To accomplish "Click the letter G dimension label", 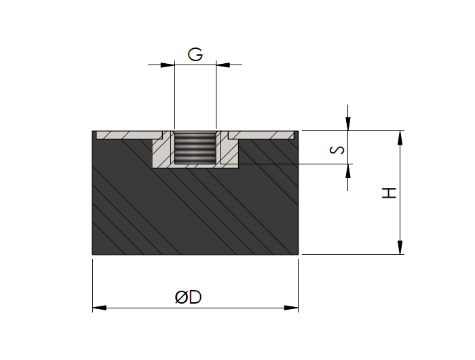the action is coord(195,54).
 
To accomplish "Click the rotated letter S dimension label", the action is coord(337,150).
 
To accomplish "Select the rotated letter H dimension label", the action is coord(389,193).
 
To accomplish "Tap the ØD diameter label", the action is coord(188,297).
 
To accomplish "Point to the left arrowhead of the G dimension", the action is coord(168,65).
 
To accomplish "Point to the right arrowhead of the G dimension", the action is coord(223,65).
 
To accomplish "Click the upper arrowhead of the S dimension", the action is coord(347,124).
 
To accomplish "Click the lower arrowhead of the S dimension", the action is coord(347,171).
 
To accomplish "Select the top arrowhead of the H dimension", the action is coord(400,138).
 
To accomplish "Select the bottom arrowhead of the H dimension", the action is coord(400,247).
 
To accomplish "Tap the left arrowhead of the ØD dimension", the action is coord(100,308).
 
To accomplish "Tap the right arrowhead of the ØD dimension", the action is coord(291,308).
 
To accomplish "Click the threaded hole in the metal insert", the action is coord(195,147).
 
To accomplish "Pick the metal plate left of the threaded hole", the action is coord(130,135).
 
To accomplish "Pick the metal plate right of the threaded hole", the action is coord(261,135).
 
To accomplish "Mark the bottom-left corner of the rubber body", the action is coord(92,255).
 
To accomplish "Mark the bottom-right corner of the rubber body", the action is coord(299,255).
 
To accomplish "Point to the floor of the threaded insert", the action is coord(195,166).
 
